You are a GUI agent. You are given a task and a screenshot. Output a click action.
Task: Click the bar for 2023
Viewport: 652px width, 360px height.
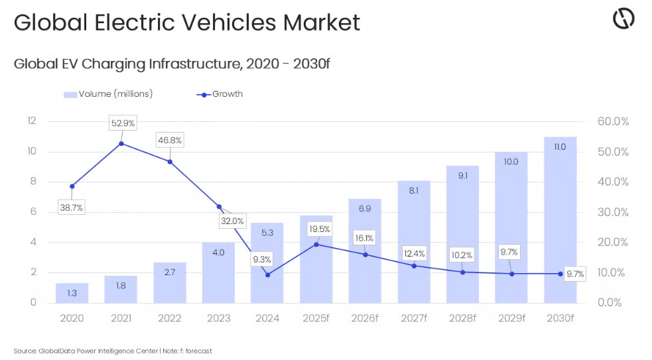click(x=218, y=272)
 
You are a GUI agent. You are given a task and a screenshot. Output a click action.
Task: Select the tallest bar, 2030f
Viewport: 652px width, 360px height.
click(x=560, y=219)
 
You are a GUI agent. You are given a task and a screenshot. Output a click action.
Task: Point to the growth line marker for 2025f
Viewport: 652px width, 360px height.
click(x=316, y=245)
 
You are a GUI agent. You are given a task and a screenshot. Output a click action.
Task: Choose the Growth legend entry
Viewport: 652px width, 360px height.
click(x=220, y=94)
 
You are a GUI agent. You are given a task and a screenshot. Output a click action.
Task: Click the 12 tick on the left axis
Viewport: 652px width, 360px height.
click(x=32, y=121)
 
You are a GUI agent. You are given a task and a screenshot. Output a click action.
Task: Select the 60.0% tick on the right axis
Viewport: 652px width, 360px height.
click(x=612, y=121)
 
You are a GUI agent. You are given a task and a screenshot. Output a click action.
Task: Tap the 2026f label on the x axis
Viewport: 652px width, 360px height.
click(x=365, y=318)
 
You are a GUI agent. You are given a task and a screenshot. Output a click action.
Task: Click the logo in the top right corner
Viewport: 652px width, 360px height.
click(x=623, y=19)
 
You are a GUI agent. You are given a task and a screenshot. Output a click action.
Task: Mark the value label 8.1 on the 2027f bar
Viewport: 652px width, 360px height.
click(x=414, y=190)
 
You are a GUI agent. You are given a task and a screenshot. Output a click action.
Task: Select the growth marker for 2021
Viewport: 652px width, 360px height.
click(x=121, y=143)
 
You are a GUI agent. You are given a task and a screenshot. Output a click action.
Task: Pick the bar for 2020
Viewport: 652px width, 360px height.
click(x=72, y=292)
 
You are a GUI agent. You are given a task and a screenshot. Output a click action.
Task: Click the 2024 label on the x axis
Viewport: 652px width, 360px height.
click(x=267, y=318)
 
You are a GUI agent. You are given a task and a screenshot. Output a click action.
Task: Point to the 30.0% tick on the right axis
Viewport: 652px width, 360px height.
click(x=612, y=212)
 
